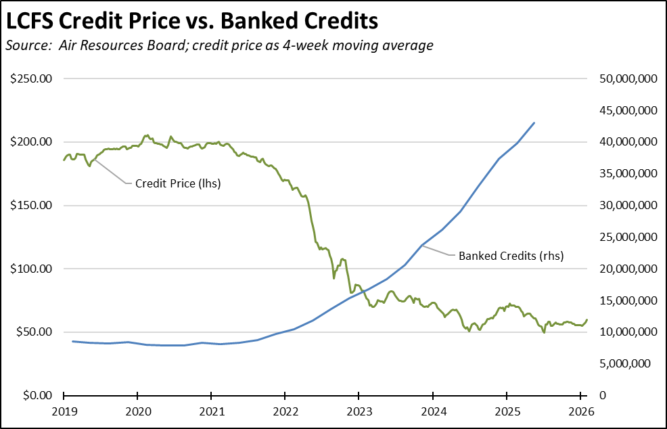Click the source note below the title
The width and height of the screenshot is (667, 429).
point(219,46)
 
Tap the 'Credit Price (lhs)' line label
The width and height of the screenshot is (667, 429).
point(178,183)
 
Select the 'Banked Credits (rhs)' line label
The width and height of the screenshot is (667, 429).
point(511,256)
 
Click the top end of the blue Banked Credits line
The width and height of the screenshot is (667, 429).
point(534,122)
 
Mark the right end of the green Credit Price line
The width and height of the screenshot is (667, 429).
point(587,319)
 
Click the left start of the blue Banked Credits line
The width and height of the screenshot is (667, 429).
point(72,341)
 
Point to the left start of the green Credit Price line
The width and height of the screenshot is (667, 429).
point(64,160)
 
